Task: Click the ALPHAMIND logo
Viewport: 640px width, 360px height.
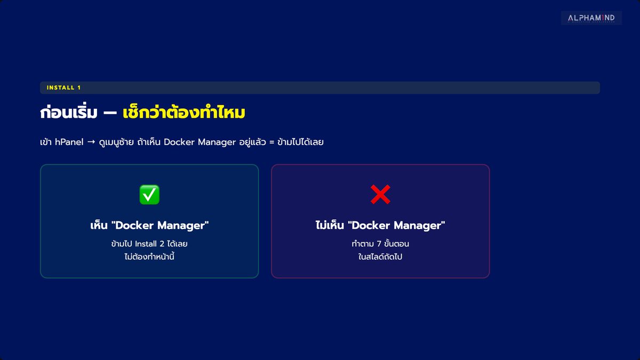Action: click(x=591, y=18)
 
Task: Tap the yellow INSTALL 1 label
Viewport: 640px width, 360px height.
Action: click(x=63, y=87)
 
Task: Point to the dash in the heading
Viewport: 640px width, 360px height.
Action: click(x=110, y=113)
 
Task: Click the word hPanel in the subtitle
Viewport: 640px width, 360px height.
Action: click(x=69, y=142)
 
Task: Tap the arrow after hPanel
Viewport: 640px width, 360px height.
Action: click(x=91, y=142)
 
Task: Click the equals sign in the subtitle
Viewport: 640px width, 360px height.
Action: click(x=271, y=142)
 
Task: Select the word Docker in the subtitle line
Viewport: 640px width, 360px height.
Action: click(x=179, y=142)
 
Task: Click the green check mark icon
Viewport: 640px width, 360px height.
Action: click(x=149, y=195)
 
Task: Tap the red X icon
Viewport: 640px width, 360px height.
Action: click(x=380, y=194)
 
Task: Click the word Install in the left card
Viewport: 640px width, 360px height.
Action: click(x=146, y=244)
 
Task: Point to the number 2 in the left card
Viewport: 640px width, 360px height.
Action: click(x=162, y=244)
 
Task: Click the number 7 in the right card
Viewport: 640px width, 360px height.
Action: click(x=379, y=244)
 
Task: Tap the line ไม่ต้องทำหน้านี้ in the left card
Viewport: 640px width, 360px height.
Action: click(x=149, y=257)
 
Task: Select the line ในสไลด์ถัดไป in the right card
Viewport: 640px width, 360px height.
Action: click(x=380, y=257)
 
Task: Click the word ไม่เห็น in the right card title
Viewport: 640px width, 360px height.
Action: click(x=330, y=225)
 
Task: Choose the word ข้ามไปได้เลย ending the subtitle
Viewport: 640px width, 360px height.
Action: click(x=301, y=142)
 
